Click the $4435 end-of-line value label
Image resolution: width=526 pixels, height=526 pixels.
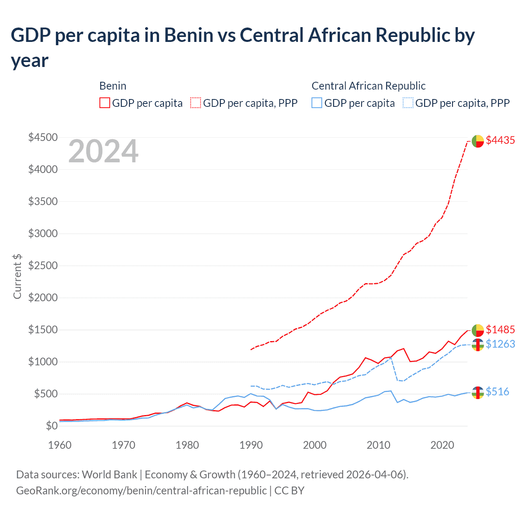click(x=500, y=140)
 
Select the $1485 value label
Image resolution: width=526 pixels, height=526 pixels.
click(x=500, y=330)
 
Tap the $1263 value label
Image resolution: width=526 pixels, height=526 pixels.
click(x=500, y=344)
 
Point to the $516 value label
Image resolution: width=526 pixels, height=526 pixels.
click(x=497, y=392)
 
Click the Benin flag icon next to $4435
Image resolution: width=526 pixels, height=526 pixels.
click(x=478, y=141)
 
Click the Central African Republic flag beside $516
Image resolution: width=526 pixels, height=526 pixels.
click(x=478, y=392)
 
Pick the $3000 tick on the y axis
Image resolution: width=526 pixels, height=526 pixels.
click(x=43, y=233)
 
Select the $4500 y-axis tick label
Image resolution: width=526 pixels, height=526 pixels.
click(x=43, y=137)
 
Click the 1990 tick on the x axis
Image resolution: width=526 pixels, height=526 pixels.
click(x=251, y=445)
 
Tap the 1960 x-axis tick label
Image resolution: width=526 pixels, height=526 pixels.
click(x=60, y=445)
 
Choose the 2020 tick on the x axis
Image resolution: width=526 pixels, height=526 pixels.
click(x=442, y=445)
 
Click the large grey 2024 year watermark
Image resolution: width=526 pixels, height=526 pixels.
click(x=103, y=152)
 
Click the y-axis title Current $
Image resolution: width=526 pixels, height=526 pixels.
click(x=17, y=276)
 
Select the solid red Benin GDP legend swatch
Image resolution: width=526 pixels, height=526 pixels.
click(x=105, y=103)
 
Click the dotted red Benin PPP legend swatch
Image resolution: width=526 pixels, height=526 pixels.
click(x=196, y=103)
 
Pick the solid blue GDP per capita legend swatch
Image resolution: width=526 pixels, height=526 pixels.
click(x=317, y=103)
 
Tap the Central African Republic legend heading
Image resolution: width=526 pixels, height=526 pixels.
click(x=368, y=86)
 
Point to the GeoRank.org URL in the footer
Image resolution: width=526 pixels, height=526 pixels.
click(x=141, y=490)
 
